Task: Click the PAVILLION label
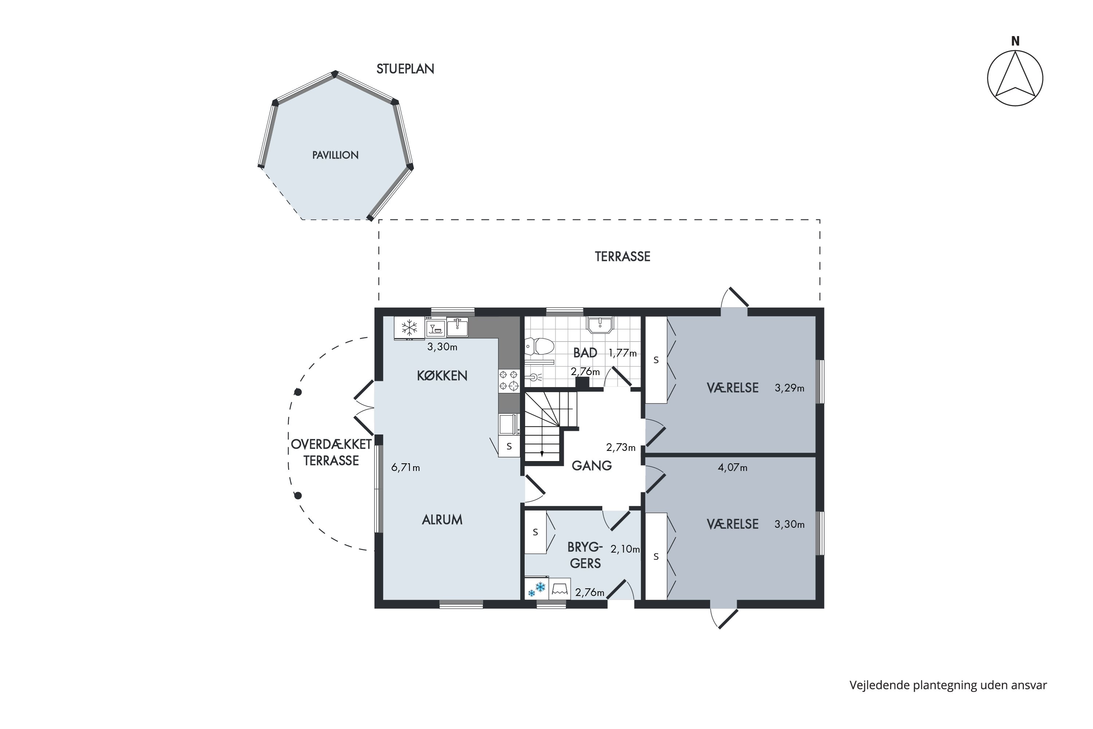click(x=335, y=155)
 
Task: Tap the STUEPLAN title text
click(x=405, y=69)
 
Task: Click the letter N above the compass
click(x=1015, y=42)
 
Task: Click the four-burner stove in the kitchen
click(x=509, y=380)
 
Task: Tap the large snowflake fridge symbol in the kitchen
click(x=410, y=328)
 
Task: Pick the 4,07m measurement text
click(x=732, y=468)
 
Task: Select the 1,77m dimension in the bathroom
click(x=623, y=353)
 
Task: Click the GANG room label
click(x=592, y=466)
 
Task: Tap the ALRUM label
click(x=442, y=520)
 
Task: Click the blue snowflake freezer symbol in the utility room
click(x=537, y=589)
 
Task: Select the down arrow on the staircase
click(x=542, y=453)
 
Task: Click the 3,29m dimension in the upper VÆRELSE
click(x=789, y=388)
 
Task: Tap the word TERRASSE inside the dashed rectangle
click(x=623, y=257)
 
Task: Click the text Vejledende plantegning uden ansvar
click(x=948, y=685)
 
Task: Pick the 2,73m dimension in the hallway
click(x=620, y=448)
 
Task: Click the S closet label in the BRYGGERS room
click(x=535, y=532)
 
